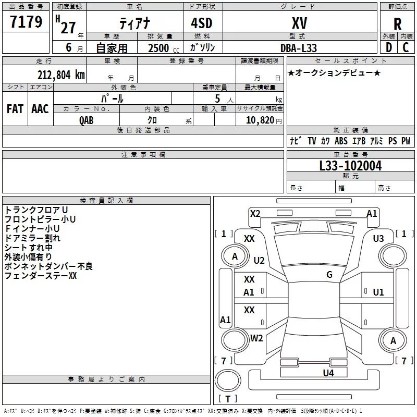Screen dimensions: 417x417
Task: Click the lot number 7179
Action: [26, 22]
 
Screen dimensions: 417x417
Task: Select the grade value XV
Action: [299, 23]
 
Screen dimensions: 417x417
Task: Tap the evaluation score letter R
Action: [397, 24]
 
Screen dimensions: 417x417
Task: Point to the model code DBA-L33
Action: [299, 47]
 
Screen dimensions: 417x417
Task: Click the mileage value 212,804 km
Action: [61, 75]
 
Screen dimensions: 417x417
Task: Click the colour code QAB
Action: [87, 120]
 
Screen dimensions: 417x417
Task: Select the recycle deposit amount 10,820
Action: [259, 120]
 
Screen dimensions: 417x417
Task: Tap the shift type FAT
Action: [15, 109]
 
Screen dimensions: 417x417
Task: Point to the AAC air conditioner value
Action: [40, 109]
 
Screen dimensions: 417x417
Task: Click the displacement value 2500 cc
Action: [162, 48]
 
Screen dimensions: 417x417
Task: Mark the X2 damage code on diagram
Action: [255, 213]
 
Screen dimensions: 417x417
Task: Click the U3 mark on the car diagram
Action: [378, 238]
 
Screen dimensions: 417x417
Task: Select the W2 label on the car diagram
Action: [256, 338]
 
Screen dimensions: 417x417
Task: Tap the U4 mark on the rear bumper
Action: [328, 373]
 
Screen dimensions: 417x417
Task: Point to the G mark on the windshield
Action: [329, 275]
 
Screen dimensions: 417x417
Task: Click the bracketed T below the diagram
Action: [228, 399]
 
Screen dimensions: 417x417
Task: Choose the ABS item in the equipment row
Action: [341, 141]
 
